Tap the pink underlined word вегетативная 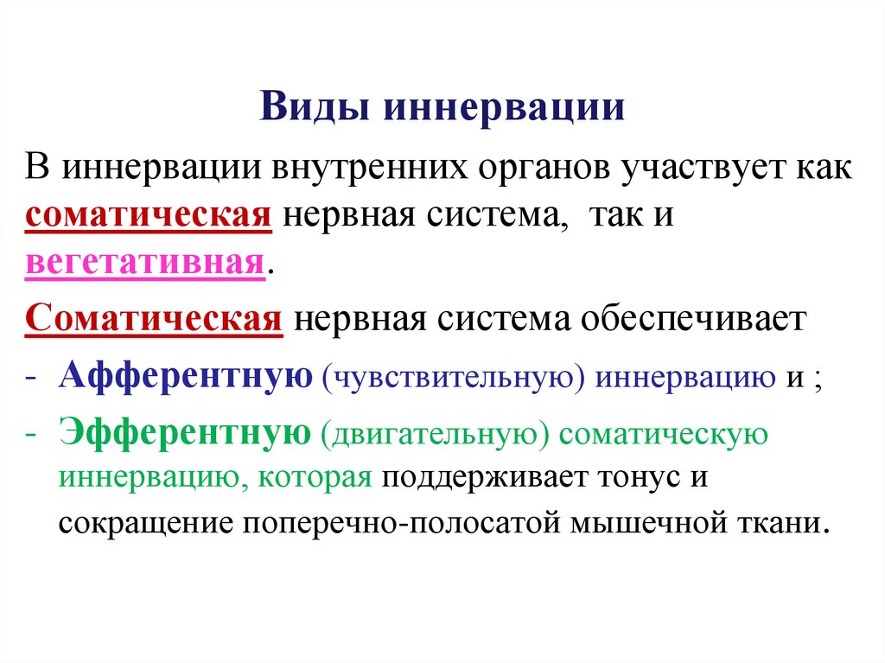tap(143, 262)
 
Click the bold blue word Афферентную tap(186, 378)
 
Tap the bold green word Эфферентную tap(185, 433)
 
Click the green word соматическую tap(659, 434)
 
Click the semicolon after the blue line tap(815, 380)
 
